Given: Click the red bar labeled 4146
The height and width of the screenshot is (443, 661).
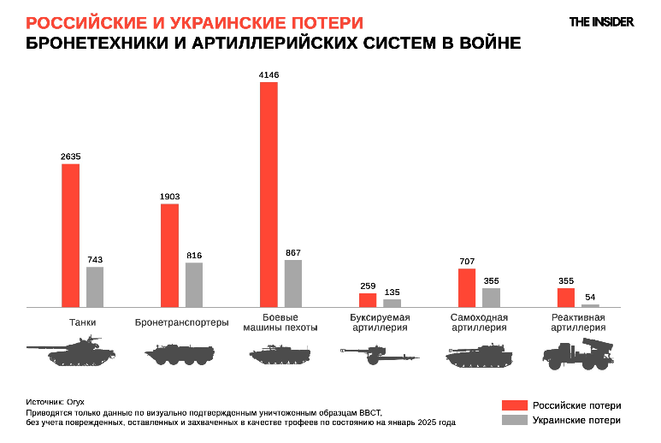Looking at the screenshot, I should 269,194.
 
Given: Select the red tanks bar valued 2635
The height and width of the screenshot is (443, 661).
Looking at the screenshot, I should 70,235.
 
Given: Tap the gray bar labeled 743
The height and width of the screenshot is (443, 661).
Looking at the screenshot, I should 95,286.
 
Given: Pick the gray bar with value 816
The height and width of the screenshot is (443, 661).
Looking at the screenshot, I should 194,284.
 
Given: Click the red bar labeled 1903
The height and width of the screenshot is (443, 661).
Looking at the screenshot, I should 169,255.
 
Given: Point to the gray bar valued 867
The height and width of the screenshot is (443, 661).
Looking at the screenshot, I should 293,283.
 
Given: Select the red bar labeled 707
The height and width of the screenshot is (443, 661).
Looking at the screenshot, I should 467,287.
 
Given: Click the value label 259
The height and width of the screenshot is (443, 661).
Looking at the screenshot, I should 368,286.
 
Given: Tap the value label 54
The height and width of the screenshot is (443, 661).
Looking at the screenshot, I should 590,297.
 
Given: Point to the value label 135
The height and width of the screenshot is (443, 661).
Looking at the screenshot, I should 392,292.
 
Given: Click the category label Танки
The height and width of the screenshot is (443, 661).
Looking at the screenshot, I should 82,322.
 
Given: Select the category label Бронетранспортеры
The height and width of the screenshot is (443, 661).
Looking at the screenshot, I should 181,322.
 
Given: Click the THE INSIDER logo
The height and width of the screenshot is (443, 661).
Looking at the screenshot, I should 602,21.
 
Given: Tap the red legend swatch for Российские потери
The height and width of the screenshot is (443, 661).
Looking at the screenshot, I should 512,405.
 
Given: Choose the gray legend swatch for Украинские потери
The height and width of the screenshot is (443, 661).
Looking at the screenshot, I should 512,421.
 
